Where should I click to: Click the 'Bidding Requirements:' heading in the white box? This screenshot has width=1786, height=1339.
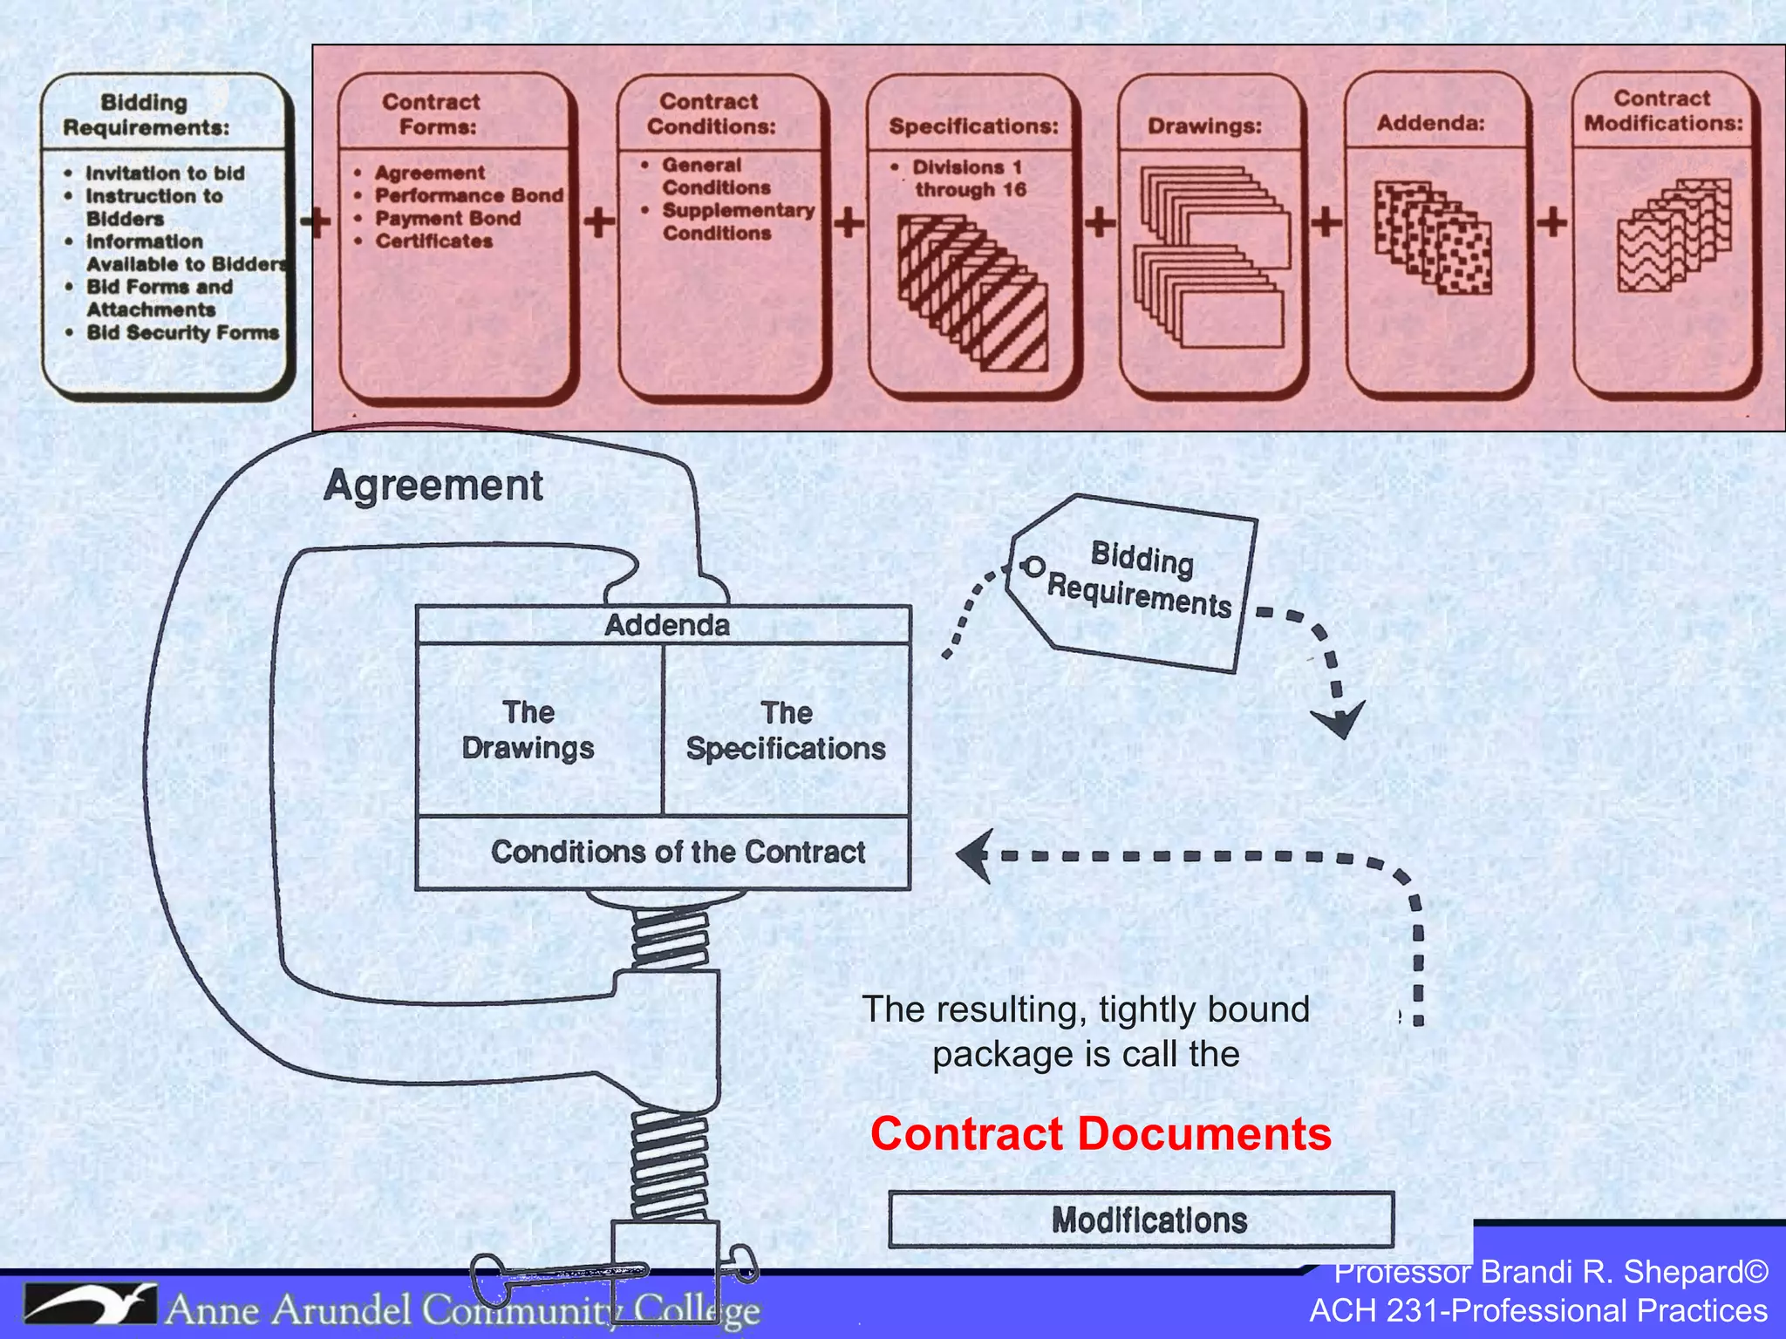point(145,115)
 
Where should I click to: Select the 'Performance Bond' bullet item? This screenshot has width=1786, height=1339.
point(469,195)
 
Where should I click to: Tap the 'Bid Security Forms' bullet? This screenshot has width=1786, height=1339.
point(182,333)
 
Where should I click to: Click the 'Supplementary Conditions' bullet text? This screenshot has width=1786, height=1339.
point(737,221)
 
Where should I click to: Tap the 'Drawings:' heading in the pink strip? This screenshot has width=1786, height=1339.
point(1204,126)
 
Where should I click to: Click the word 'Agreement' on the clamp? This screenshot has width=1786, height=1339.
point(433,486)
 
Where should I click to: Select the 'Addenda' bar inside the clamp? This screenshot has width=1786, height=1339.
point(666,625)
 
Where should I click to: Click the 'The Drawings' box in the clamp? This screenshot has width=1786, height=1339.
point(528,731)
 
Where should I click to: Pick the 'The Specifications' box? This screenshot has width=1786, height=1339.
point(786,731)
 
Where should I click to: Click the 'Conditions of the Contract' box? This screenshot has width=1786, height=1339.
point(678,852)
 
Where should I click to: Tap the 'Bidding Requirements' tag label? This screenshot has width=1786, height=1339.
point(1139,579)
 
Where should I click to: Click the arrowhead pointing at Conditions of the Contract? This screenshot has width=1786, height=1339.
point(974,855)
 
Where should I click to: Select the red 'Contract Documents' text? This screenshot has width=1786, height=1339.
point(1101,1134)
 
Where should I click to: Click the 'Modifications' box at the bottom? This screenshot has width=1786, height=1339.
point(1148,1220)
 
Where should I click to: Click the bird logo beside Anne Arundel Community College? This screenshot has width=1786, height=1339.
point(90,1304)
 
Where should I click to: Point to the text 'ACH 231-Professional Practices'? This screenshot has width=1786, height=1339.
point(1538,1311)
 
